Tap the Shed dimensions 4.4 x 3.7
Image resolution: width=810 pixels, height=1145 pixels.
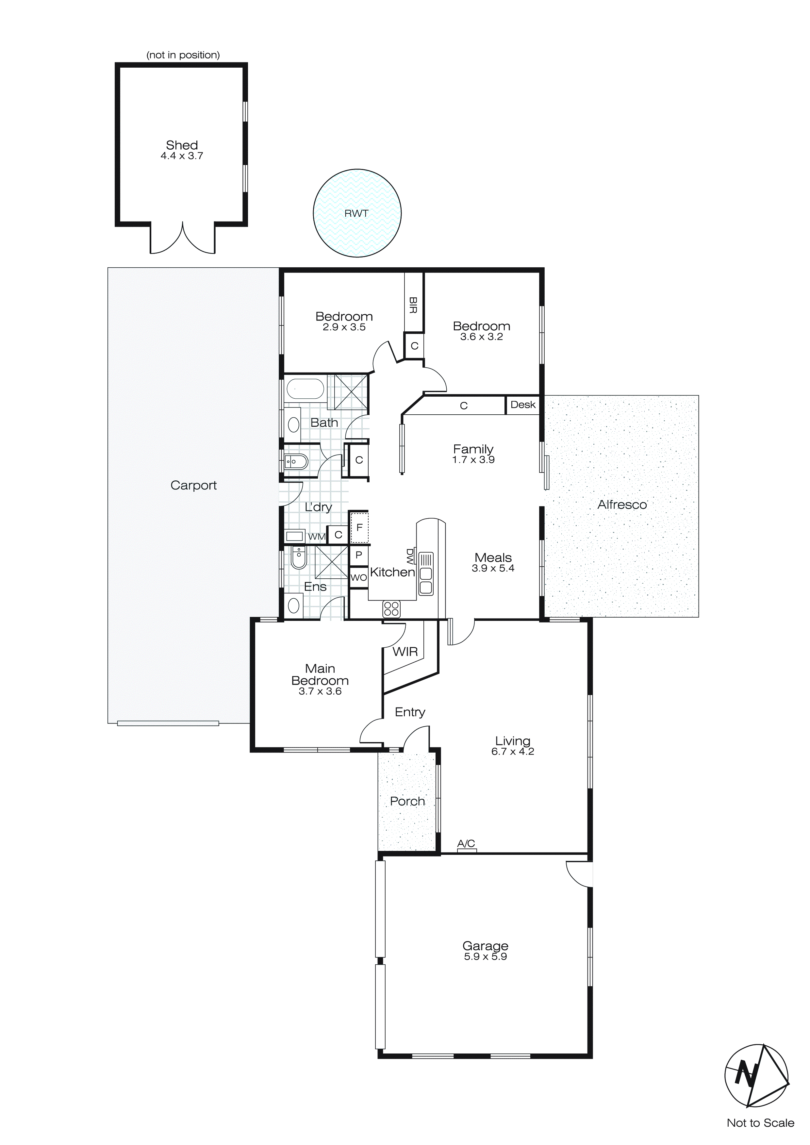[x=182, y=156]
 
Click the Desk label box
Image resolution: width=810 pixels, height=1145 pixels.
[x=523, y=405]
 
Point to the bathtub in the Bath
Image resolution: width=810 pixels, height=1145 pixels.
[x=305, y=389]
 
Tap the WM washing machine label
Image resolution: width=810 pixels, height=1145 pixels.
[x=316, y=537]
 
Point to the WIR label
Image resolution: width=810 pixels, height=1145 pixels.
[x=405, y=652]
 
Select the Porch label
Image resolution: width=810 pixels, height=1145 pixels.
[x=407, y=801]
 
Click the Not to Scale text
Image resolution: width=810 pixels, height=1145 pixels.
[x=760, y=1123]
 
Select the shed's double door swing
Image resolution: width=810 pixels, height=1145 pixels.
[x=183, y=240]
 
